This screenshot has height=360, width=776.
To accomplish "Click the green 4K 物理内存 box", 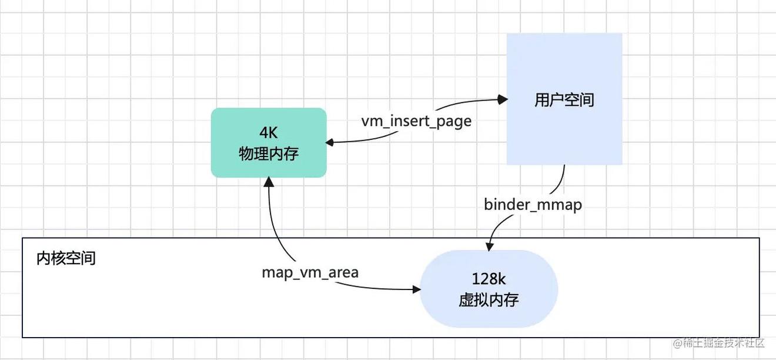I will coord(269,142).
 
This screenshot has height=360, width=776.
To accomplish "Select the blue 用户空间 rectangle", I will coord(564,99).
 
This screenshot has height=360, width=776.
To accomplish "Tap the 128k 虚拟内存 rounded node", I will coord(489,289).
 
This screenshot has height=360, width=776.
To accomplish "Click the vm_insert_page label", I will coord(416,121).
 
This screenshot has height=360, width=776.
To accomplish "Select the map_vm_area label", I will coord(310,272).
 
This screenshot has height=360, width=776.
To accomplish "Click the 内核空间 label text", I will coord(66,258).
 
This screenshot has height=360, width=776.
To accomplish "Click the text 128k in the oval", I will coord(489,279).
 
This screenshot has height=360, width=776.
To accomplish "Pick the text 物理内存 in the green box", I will coord(269,154).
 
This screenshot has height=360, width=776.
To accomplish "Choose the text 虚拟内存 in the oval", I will coord(489,300).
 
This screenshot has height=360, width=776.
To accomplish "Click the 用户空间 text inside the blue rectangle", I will coord(564,100).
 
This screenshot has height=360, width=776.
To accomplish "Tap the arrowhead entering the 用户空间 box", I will coord(503,100).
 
